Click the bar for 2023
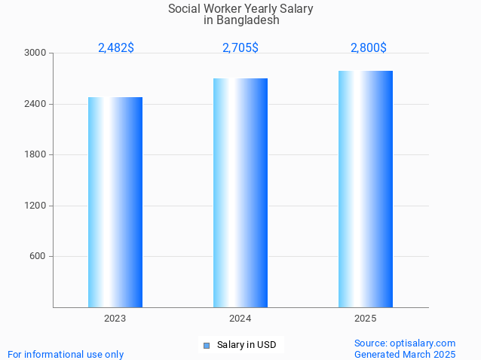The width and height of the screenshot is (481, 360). (115, 202)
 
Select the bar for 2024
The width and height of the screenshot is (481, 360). (240, 193)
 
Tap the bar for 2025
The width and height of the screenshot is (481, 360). (366, 189)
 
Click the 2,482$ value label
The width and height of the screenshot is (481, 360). (116, 47)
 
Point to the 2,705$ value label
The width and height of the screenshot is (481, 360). (240, 47)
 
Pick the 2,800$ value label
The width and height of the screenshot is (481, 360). (369, 47)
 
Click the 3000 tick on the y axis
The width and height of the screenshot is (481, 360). (35, 53)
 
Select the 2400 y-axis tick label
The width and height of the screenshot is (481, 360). (35, 104)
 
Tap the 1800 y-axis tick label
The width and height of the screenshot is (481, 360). (35, 155)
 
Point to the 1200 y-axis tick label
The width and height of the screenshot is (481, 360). (35, 206)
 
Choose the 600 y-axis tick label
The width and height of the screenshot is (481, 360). (38, 257)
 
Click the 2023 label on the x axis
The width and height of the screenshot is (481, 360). (115, 319)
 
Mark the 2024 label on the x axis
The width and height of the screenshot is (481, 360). (240, 319)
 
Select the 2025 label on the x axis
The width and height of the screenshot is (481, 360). (366, 319)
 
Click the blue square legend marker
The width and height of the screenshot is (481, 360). (206, 346)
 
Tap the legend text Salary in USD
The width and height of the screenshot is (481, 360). (247, 345)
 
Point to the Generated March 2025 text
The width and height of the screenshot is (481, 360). (405, 354)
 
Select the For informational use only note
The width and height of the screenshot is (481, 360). (66, 354)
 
